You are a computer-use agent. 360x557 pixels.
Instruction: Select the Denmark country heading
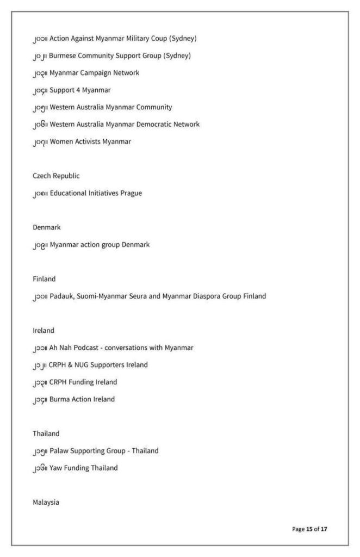[46, 227]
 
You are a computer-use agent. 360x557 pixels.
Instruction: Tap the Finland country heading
[44, 279]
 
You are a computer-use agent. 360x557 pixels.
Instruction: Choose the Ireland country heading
[44, 331]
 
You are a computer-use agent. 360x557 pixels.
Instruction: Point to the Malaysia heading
[46, 503]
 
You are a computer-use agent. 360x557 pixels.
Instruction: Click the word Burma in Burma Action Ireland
[60, 400]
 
